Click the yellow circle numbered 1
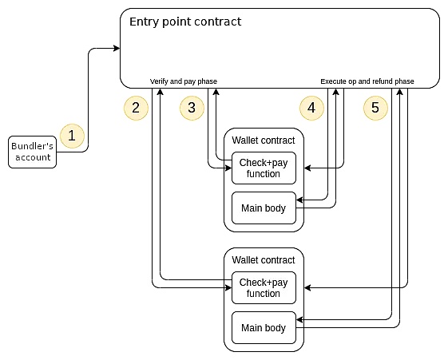click(x=73, y=136)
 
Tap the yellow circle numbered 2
click(x=136, y=108)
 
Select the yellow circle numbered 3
click(x=192, y=108)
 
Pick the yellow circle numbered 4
click(x=311, y=108)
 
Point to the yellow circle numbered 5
click(x=375, y=108)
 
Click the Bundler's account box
click(x=32, y=152)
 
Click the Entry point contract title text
click(x=185, y=22)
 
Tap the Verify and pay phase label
click(x=184, y=81)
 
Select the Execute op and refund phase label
click(x=367, y=81)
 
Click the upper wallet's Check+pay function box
click(x=264, y=168)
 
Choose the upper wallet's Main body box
click(x=264, y=208)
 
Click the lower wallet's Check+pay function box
click(x=264, y=287)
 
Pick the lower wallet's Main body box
click(x=264, y=327)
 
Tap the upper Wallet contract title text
click(x=264, y=140)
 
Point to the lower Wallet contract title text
click(x=264, y=259)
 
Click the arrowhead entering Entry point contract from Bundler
click(x=117, y=48)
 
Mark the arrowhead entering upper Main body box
click(x=300, y=200)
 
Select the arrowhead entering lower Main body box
click(x=300, y=319)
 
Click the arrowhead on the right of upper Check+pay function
click(x=307, y=168)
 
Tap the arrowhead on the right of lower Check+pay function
click(x=307, y=287)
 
